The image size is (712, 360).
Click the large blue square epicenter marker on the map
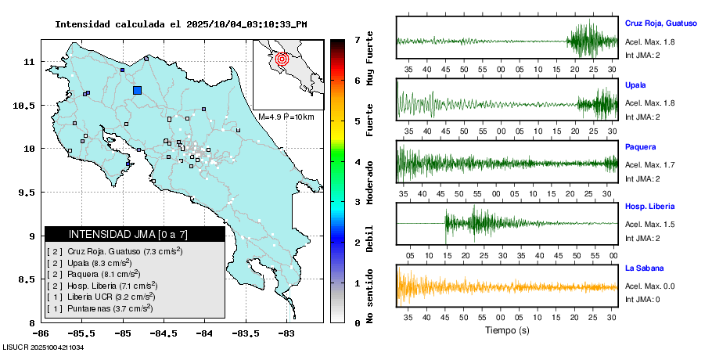[137, 90]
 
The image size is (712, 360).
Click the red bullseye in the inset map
[283, 58]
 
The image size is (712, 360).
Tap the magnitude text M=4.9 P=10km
[286, 117]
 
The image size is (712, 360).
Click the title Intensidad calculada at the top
[181, 24]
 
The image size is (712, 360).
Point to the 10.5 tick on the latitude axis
[25, 105]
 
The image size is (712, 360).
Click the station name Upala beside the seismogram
[635, 85]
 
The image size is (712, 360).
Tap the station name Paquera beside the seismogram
[640, 146]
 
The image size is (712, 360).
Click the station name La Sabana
[644, 268]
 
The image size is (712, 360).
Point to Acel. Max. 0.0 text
[650, 286]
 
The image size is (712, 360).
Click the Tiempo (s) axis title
[507, 330]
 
